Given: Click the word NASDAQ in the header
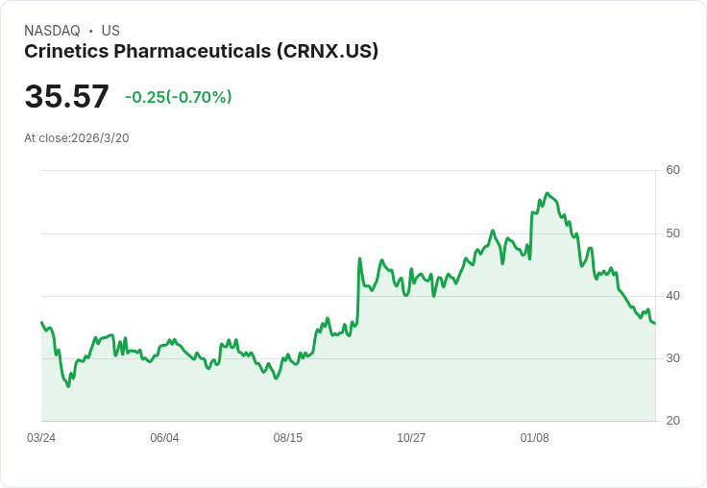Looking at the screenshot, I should coord(52,31).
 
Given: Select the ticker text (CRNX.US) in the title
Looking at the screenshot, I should coord(328,52).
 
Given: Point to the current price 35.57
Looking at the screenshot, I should coord(66,97).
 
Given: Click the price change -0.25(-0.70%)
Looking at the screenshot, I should coord(179,97).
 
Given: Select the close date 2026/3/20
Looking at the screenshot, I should coord(100,138).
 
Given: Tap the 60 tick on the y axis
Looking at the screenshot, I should coord(672,170).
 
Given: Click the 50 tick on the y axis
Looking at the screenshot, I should coord(672,233).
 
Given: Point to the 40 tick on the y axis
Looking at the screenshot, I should coord(672,296).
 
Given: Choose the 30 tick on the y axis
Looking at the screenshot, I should coord(672,358).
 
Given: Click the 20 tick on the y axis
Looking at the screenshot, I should coord(672,421).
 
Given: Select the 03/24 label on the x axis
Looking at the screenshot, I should coord(41,438).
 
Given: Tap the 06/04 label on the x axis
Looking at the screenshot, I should coord(164,438).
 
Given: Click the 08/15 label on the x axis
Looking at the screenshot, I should coord(287,438).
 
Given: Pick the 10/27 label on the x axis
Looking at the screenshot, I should coord(411,438).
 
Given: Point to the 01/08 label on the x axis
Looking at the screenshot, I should coord(534,438).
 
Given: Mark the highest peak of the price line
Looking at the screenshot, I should coord(547,194).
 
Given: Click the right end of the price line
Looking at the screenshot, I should coord(655,323).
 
